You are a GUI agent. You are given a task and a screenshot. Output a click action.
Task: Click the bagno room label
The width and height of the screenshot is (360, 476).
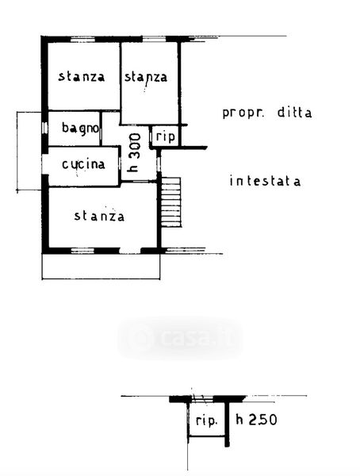(x=80, y=128)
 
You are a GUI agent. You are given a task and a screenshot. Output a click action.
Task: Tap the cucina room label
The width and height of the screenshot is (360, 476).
(x=83, y=164)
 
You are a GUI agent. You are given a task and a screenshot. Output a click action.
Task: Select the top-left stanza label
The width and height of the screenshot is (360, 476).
(x=82, y=76)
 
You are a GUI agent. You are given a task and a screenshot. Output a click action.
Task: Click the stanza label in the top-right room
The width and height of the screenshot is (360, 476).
(x=146, y=77)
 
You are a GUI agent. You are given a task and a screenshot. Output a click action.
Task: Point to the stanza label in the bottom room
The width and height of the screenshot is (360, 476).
(x=99, y=216)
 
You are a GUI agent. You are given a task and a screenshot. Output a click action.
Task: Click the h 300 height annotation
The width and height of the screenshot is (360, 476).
(x=134, y=152)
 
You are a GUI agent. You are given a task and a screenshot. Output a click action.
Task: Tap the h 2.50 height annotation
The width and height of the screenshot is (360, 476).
(x=256, y=420)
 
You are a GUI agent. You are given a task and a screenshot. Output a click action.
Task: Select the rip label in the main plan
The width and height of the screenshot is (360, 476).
(x=166, y=136)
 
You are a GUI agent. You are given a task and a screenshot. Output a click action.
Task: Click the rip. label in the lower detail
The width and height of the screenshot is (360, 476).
(x=206, y=420)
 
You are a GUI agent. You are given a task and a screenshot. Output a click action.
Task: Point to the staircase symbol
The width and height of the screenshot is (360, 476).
(x=171, y=202)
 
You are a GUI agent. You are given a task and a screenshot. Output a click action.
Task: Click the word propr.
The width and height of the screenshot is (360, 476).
(x=243, y=113)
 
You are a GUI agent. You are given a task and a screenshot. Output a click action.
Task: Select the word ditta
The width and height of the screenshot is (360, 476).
(x=294, y=113)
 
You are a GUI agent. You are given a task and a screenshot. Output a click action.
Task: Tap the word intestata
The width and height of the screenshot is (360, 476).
(x=265, y=181)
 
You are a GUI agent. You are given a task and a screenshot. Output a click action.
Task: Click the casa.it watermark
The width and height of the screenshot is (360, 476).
(x=181, y=338)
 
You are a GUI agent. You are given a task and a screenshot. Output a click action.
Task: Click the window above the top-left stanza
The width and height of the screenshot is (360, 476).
(x=83, y=39)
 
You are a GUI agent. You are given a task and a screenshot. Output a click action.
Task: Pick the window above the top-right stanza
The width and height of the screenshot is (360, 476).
(x=154, y=39)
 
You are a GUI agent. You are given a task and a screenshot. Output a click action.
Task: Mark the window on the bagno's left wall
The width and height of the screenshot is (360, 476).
(x=44, y=128)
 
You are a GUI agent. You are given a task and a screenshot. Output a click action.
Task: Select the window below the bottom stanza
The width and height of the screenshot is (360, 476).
(x=82, y=251)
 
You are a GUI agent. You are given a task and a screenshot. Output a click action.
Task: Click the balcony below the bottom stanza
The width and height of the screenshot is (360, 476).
(x=101, y=267)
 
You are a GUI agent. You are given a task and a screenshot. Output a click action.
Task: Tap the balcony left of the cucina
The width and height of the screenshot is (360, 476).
(x=29, y=152)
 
